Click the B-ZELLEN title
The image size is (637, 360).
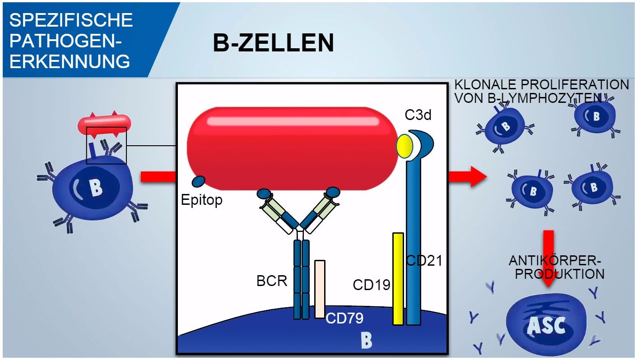pos(273,44)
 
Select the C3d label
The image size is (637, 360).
pos(418,115)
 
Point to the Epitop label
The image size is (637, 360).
pos(202,199)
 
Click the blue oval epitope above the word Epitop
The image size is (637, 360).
pos(198,181)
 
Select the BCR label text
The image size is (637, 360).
pos(272,281)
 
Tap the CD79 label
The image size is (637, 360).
pos(344,318)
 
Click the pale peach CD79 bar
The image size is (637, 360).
pos(320,289)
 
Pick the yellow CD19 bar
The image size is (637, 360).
pos(398,278)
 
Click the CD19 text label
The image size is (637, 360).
pos(372,285)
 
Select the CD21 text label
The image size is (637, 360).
pos(424,260)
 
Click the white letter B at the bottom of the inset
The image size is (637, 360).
pos(366,340)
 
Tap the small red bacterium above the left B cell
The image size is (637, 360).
pos(104,123)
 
